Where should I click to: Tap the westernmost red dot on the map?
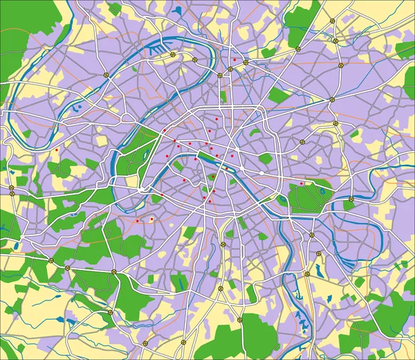coord(56,150)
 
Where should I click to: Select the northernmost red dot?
coord(234,60)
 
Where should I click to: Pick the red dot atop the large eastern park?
coord(302,183)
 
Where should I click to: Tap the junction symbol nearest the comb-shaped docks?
coord(173,55)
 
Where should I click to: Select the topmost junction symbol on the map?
coord(332,21)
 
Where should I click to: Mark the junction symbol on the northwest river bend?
coord(106,74)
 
